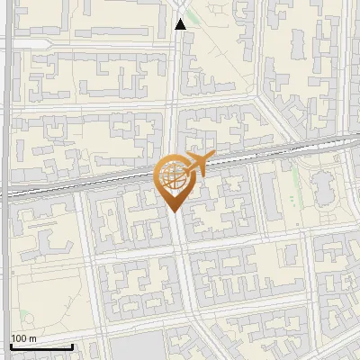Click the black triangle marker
(181, 24)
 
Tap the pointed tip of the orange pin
(173, 212)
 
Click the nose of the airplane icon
(211, 156)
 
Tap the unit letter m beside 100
(32, 338)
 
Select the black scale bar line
(40, 346)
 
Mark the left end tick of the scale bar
(10, 345)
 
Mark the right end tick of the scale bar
(72, 345)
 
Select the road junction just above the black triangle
(181, 9)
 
